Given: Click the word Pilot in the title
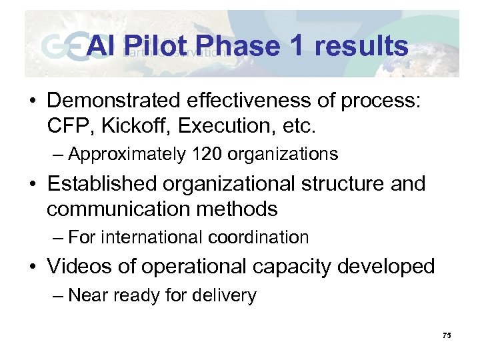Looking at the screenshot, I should (151, 46).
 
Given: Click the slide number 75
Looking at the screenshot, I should (446, 335).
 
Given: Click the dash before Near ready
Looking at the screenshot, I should (56, 296).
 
